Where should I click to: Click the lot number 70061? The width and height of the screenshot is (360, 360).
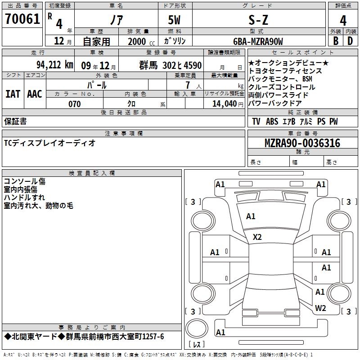pyautogui.click(x=22, y=20)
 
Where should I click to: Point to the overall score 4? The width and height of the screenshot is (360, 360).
pyautogui.click(x=343, y=20)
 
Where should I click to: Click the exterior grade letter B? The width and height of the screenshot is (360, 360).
pyautogui.click(x=335, y=40)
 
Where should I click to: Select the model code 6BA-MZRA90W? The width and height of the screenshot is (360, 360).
pyautogui.click(x=258, y=41)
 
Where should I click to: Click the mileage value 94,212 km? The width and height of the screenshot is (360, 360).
pyautogui.click(x=54, y=64)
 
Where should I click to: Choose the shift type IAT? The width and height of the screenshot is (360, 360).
pyautogui.click(x=13, y=94)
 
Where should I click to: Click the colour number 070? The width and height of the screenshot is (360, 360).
pyautogui.click(x=74, y=104)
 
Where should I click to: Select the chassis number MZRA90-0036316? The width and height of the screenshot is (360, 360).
pyautogui.click(x=302, y=143)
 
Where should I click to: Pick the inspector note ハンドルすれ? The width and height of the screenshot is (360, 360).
pyautogui.click(x=24, y=198)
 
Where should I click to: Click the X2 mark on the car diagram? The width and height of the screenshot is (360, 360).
pyautogui.click(x=257, y=237)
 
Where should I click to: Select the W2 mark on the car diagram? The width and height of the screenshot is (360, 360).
pyautogui.click(x=320, y=308)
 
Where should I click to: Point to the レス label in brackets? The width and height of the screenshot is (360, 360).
pyautogui.click(x=196, y=345)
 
